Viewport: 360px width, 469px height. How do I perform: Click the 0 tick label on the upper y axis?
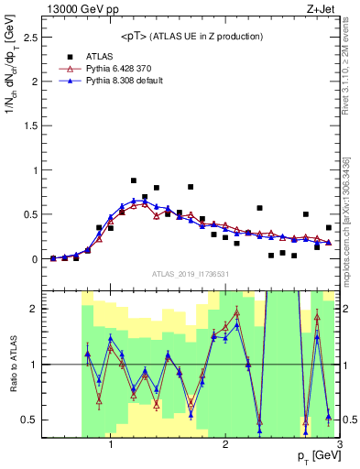coord(32,259)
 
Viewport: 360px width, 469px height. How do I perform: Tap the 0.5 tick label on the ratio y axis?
coord(27,420)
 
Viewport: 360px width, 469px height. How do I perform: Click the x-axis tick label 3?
coord(340,444)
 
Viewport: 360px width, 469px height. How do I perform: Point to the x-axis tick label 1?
coord(111,444)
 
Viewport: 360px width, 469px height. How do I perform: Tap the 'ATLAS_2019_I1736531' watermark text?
coord(191,273)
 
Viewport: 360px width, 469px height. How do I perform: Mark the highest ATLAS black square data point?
coord(134,180)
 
